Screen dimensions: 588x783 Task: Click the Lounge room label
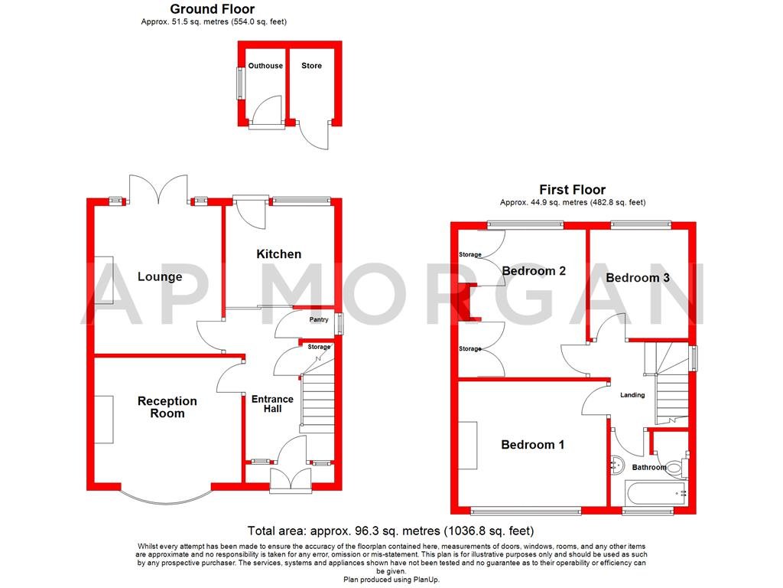[x=160, y=276]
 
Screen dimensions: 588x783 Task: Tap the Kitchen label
[x=278, y=253]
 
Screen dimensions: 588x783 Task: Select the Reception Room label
[x=167, y=407]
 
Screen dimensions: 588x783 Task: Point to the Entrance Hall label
[x=272, y=403]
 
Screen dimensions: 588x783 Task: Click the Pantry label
[x=319, y=320]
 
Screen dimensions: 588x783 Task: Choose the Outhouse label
[x=265, y=66]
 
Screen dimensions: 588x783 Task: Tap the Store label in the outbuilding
[x=311, y=66]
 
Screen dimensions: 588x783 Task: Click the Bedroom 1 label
[x=533, y=444]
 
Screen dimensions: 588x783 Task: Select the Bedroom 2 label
[x=534, y=270]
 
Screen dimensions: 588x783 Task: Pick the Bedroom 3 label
[x=637, y=277]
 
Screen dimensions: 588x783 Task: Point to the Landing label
[x=632, y=395]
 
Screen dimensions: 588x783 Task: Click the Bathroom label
[x=649, y=467]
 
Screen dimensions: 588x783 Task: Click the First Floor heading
[x=572, y=189]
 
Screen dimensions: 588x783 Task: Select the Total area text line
[x=391, y=530]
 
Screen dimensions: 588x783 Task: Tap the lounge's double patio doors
[x=158, y=190]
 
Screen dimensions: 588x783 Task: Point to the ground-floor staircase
[x=319, y=401]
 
